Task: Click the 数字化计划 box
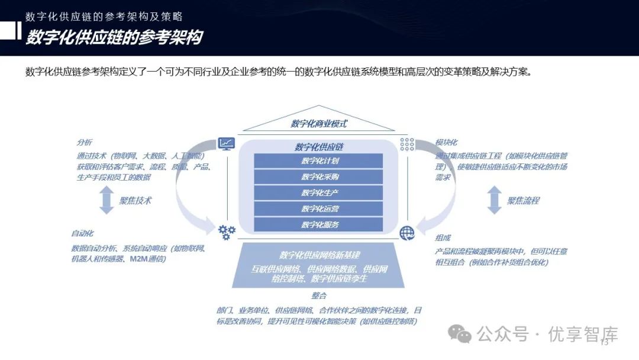(319, 161)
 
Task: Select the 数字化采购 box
(319, 177)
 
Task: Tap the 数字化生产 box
(319, 193)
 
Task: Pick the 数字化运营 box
(319, 209)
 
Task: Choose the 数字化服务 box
(319, 225)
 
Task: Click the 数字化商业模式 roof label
(318, 124)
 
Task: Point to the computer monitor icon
(226, 143)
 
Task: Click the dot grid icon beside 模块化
(407, 143)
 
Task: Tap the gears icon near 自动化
(227, 232)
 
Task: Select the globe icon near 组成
(407, 233)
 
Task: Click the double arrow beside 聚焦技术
(106, 200)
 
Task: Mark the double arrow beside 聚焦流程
(494, 200)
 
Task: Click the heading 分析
(85, 143)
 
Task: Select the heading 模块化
(446, 143)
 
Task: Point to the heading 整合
(319, 295)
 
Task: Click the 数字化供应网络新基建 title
(319, 255)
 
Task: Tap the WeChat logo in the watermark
(459, 335)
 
